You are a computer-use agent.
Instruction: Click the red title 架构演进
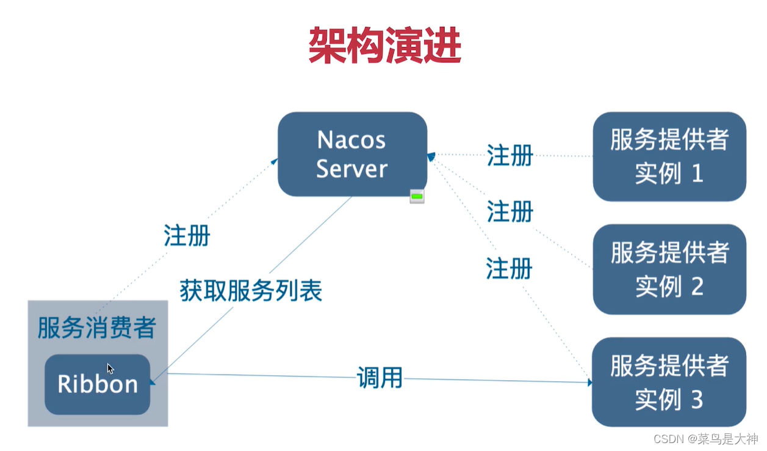click(x=384, y=46)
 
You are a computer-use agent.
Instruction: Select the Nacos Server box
click(x=352, y=154)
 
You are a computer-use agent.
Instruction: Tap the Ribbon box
click(x=97, y=384)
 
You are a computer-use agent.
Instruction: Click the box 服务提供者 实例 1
click(x=669, y=156)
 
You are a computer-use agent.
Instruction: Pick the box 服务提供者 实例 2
click(x=669, y=269)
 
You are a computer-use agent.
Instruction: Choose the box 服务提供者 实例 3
click(x=669, y=382)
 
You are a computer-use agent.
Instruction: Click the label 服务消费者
click(x=96, y=328)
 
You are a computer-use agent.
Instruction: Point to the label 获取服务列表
click(x=251, y=290)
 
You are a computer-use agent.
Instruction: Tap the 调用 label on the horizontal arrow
click(x=380, y=378)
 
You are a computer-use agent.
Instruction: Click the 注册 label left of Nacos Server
click(x=187, y=235)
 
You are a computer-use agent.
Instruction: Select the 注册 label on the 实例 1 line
click(x=510, y=155)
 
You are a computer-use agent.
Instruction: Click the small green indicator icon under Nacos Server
click(x=417, y=196)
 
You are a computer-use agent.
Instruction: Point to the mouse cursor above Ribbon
click(x=110, y=368)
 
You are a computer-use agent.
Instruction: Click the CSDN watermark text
click(x=705, y=439)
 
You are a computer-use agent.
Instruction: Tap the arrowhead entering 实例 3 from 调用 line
click(x=589, y=383)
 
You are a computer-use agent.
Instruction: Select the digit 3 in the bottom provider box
click(x=697, y=400)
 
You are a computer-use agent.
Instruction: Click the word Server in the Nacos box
click(x=352, y=169)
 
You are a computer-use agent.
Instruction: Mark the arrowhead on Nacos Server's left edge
click(x=275, y=161)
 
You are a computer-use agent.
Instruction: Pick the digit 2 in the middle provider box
click(x=697, y=287)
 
